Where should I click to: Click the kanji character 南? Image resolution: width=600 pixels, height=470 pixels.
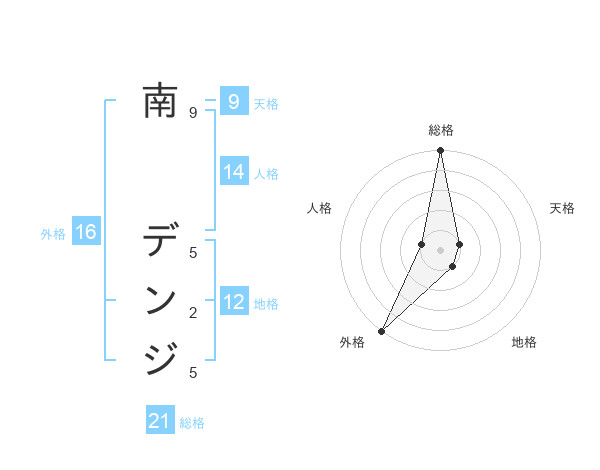160,100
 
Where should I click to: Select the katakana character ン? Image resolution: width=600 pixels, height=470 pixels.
160,300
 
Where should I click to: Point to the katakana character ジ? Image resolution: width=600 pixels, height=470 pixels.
160,358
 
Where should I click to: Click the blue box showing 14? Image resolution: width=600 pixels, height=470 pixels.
234,172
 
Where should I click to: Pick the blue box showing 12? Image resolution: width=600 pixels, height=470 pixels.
234,302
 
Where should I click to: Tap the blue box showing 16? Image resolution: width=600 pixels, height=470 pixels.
86,233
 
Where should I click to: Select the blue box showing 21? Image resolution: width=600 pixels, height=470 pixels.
160,421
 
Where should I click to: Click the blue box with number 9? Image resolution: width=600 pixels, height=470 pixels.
233,101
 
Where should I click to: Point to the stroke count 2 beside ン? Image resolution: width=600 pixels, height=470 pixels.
193,313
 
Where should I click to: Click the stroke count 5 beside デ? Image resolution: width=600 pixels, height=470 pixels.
193,252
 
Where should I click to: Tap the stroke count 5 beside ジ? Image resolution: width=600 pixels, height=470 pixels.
193,373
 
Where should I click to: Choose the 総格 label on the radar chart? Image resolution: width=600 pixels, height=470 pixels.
441,130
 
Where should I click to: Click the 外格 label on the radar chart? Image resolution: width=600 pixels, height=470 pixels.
352,342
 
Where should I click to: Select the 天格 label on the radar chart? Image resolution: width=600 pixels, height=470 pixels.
563,208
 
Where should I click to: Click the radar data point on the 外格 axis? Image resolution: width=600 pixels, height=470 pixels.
381,330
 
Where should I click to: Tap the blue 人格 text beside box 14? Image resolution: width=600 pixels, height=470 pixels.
266,174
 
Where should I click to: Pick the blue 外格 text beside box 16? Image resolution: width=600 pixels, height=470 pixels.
53,234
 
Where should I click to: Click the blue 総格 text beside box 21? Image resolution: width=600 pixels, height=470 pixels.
192,423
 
